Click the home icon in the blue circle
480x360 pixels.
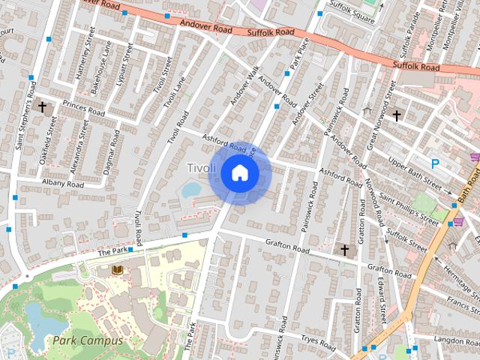(238, 173)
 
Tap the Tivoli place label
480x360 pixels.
(200, 166)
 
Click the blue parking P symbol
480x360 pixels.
(435, 163)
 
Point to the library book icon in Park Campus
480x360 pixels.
(117, 269)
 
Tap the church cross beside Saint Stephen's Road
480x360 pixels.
(42, 107)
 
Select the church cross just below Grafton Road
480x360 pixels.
(345, 249)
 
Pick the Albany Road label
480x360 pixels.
(63, 184)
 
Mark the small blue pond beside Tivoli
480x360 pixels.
(191, 190)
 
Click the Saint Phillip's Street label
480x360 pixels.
(408, 208)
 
